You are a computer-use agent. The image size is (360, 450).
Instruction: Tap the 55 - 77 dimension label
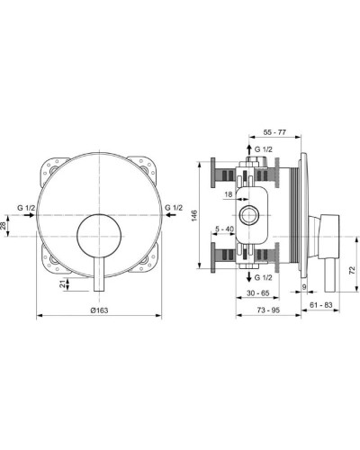point(267,130)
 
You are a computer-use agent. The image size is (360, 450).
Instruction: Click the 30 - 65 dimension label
point(262,294)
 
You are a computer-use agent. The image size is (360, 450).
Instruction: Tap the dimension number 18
point(229,193)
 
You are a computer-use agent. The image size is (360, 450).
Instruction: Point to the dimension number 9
point(305,287)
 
